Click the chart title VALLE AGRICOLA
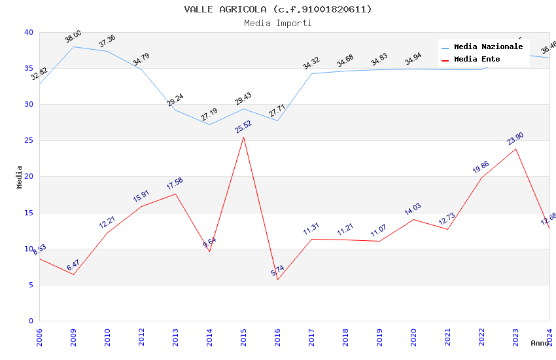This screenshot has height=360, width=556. click(278, 9)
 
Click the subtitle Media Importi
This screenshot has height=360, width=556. click(278, 23)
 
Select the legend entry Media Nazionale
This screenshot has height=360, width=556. click(488, 46)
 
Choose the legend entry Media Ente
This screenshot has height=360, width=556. click(477, 59)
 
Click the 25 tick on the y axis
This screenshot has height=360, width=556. click(28, 141)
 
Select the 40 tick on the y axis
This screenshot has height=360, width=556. click(28, 32)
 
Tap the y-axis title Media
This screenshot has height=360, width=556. click(20, 177)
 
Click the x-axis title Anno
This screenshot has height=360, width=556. click(540, 343)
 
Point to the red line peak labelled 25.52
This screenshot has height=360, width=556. click(243, 137)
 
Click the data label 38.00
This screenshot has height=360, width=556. click(73, 37)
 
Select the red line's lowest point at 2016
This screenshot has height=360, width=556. click(277, 279)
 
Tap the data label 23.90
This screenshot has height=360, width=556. click(515, 139)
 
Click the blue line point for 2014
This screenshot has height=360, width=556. click(209, 124)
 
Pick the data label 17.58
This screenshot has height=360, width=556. click(175, 184)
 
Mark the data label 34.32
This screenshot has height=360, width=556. click(311, 63)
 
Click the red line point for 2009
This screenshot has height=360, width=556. click(73, 274)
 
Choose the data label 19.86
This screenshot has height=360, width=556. click(481, 167)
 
